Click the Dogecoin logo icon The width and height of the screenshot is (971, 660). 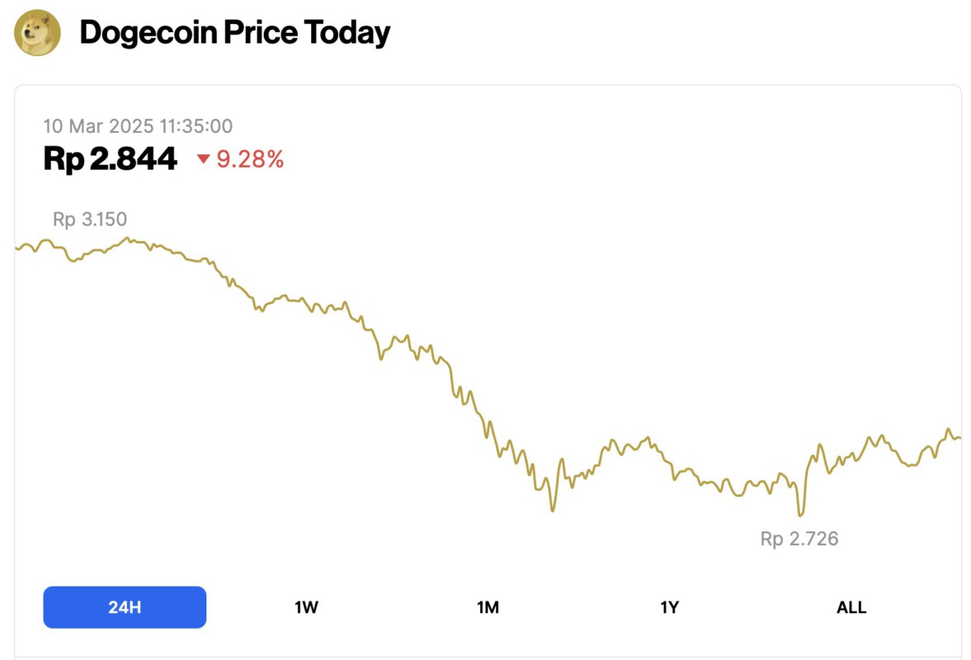pyautogui.click(x=38, y=33)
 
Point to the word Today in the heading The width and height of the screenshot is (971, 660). pyautogui.click(x=347, y=33)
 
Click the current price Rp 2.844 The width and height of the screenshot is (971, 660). pyautogui.click(x=110, y=158)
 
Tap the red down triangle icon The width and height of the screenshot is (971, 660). pyautogui.click(x=204, y=159)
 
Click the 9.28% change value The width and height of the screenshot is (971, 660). pyautogui.click(x=250, y=159)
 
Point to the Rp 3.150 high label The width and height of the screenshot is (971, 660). pyautogui.click(x=90, y=219)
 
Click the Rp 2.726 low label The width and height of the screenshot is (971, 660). pyautogui.click(x=799, y=540)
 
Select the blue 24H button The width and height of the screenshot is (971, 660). pyautogui.click(x=125, y=607)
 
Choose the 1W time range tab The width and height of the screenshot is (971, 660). pyautogui.click(x=306, y=607)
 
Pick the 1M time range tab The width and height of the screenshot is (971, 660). pyautogui.click(x=488, y=607)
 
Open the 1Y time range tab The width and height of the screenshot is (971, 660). pyautogui.click(x=669, y=607)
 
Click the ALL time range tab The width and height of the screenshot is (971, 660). pyautogui.click(x=851, y=607)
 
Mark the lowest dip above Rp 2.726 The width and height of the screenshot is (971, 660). pyautogui.click(x=799, y=516)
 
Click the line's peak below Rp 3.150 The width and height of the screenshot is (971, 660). pyautogui.click(x=127, y=238)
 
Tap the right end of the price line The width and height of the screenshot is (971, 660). pyautogui.click(x=959, y=438)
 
